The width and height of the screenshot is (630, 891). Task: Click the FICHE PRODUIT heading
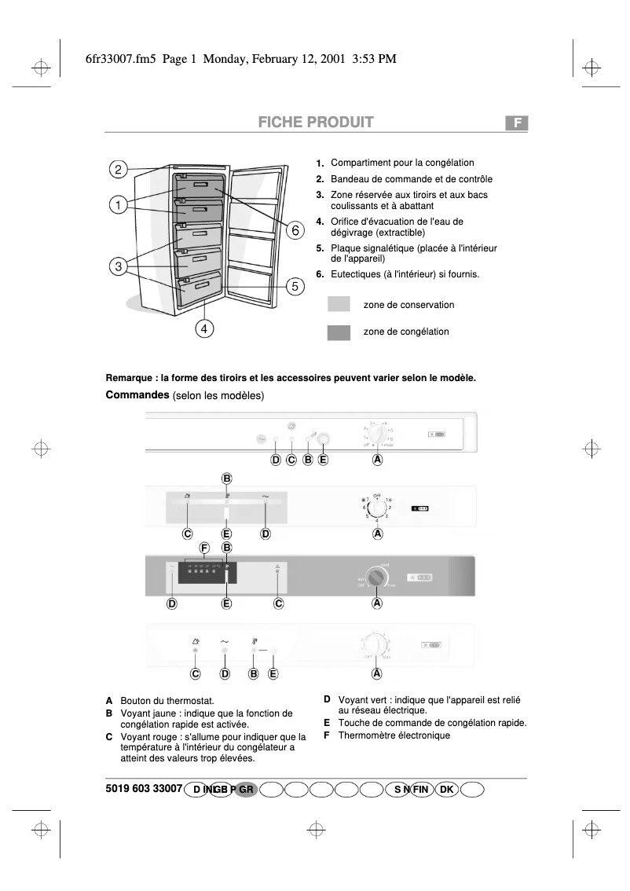[314, 123]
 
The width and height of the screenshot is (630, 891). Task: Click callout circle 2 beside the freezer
[118, 170]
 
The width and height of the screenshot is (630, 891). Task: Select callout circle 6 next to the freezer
[295, 230]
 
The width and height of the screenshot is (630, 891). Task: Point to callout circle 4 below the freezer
[203, 329]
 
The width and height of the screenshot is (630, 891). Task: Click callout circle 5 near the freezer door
[295, 286]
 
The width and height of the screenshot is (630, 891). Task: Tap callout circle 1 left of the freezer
[118, 206]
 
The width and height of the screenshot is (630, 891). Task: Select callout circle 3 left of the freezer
[118, 266]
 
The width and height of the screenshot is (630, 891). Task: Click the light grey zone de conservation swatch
[339, 304]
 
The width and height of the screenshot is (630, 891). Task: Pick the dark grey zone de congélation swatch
[339, 332]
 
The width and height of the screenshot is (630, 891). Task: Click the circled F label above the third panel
[204, 548]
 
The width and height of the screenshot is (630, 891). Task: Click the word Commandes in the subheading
[137, 394]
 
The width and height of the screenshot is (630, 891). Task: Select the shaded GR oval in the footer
[246, 790]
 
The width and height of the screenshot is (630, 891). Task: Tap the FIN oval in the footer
[421, 790]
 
